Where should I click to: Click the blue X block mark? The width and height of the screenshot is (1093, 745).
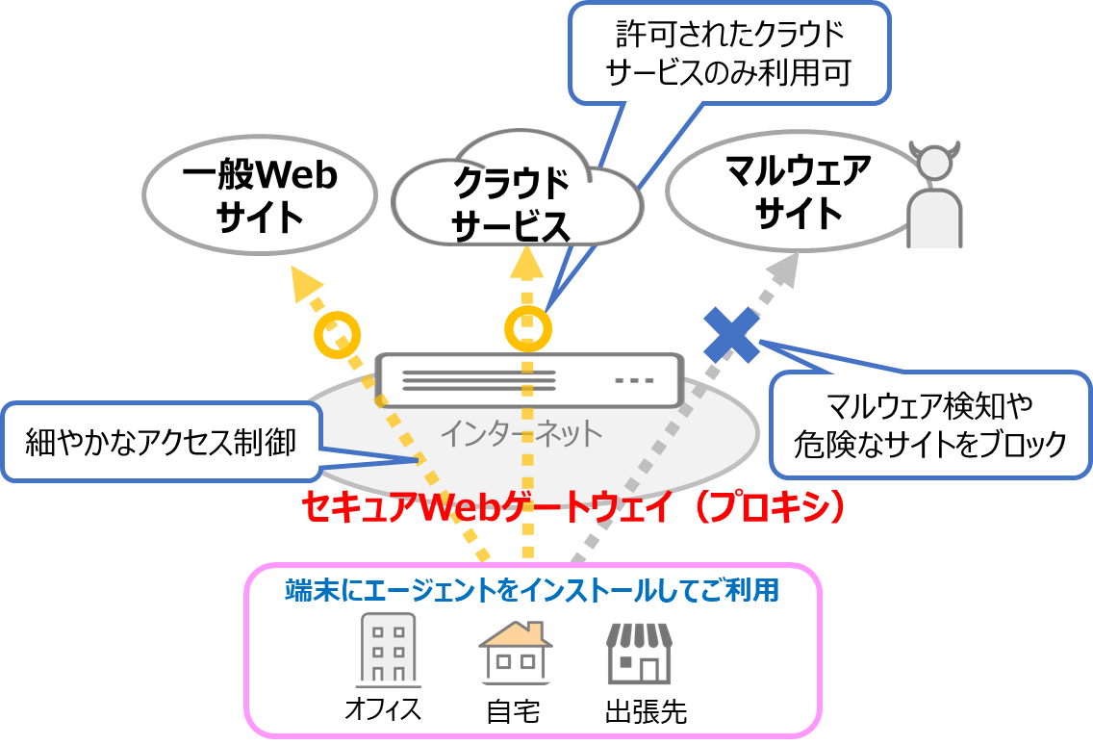coord(731,334)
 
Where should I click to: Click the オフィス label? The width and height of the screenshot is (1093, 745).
coord(383,710)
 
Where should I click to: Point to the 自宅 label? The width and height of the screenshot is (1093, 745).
coord(513,712)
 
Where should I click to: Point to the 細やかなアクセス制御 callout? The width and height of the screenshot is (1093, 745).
coord(161,442)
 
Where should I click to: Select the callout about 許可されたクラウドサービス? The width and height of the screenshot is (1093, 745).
coord(728,54)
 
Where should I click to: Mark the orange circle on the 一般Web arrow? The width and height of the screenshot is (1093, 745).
coord(338,333)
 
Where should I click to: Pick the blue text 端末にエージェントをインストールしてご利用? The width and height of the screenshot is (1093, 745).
coord(532,589)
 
